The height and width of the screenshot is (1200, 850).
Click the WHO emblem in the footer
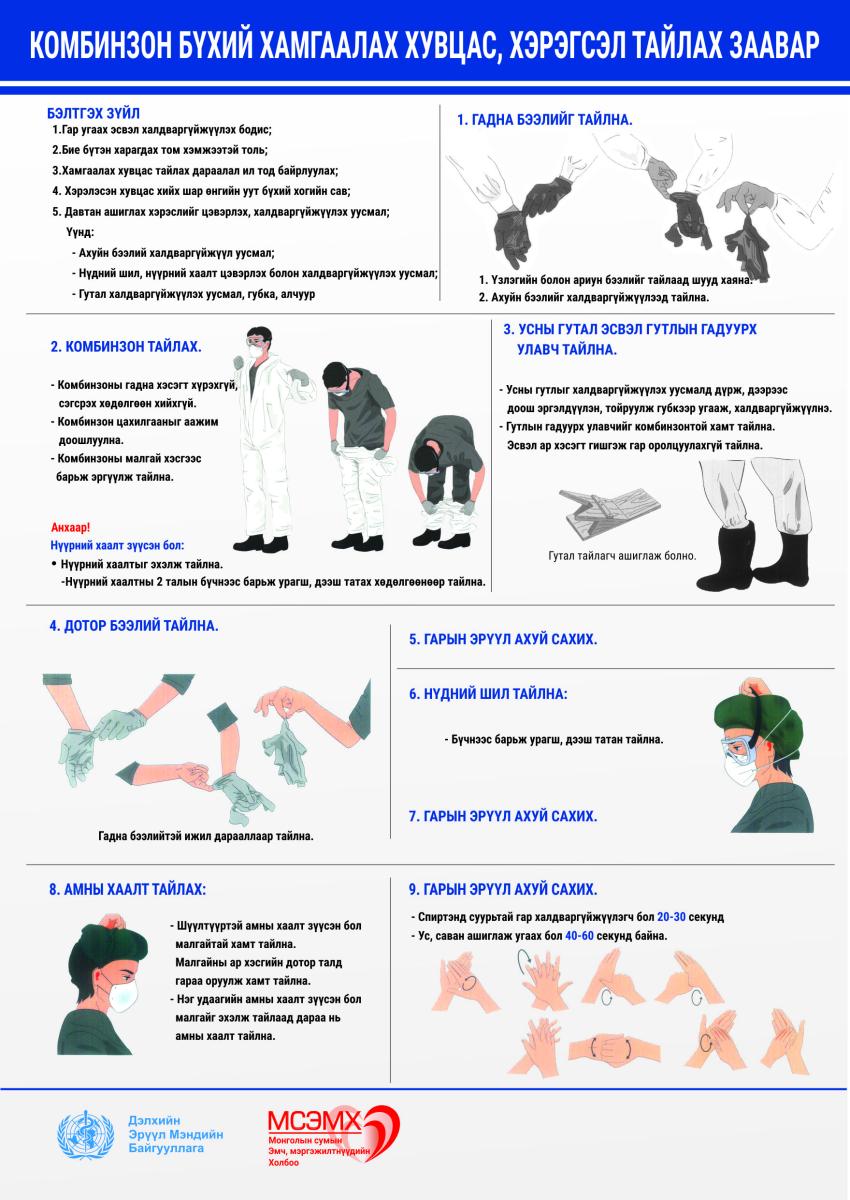point(86,1135)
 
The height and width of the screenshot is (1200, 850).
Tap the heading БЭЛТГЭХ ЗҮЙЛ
point(93,113)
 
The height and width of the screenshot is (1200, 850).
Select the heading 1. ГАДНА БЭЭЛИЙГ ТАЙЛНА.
point(544,119)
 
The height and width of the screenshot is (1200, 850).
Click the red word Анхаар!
point(71,527)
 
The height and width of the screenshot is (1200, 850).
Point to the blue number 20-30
point(671,917)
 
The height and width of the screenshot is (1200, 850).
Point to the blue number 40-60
point(579,936)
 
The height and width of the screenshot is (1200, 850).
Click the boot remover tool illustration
point(609,512)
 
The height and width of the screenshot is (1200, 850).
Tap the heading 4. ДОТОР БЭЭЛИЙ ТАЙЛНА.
point(134,626)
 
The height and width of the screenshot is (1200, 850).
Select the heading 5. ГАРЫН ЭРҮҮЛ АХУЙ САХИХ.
point(503,639)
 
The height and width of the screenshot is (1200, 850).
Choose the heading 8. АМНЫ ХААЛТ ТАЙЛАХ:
point(127,889)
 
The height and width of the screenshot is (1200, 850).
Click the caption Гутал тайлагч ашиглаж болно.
point(622,556)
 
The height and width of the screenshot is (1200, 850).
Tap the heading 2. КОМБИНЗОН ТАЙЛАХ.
point(126,347)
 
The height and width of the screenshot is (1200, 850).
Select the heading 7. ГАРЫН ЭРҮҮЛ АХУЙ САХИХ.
point(503,816)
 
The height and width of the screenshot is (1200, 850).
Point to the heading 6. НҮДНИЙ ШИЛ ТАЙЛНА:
point(488,694)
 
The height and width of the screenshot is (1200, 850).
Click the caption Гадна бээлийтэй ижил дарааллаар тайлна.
point(206,836)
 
